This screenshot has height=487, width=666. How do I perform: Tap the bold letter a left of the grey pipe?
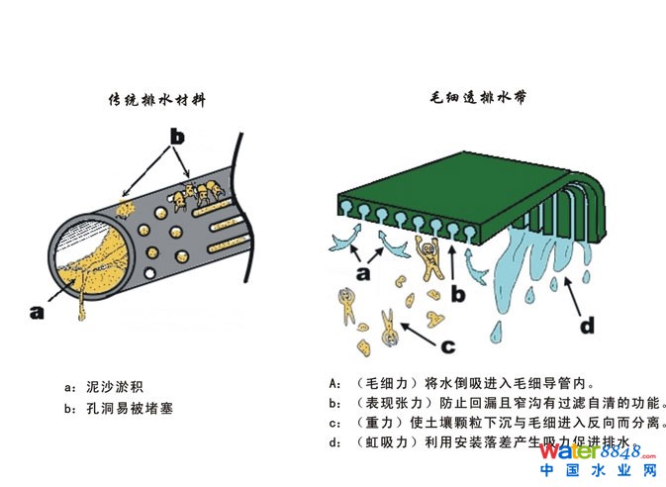pos(38,312)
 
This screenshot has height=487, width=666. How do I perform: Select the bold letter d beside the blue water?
pos(587,322)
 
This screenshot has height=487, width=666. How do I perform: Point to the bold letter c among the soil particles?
pos(447,345)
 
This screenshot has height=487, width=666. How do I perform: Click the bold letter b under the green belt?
pos(456,292)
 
